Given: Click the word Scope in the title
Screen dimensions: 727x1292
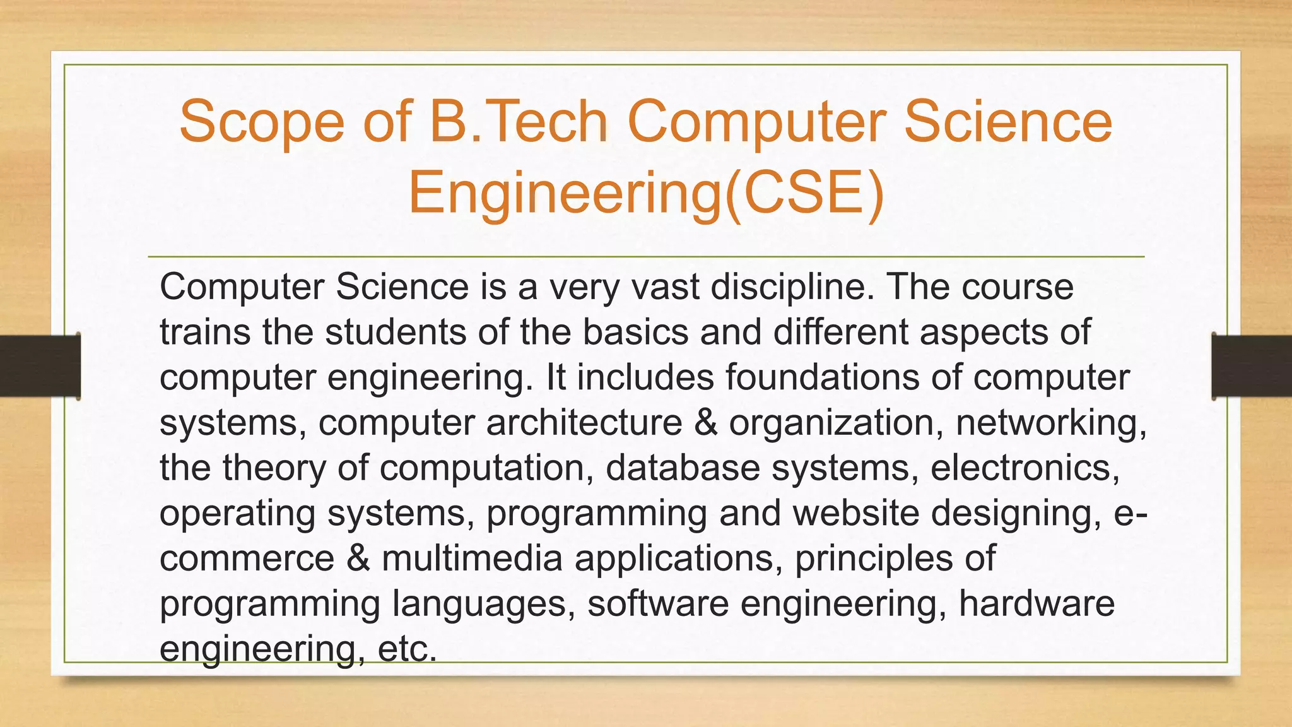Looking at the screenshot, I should [x=261, y=122].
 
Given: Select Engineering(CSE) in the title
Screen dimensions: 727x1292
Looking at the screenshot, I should [x=646, y=193].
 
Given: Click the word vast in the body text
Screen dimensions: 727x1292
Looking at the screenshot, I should [x=665, y=287].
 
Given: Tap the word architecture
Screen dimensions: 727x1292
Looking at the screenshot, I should [x=584, y=422].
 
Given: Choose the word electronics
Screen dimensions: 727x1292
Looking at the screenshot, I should [x=1025, y=468].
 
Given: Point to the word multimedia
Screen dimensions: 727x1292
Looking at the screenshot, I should [x=472, y=559].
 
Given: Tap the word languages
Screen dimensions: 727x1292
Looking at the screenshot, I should [x=483, y=605].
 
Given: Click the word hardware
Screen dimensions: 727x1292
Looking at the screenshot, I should [x=1037, y=603].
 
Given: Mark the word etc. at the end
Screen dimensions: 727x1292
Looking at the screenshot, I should [x=407, y=649].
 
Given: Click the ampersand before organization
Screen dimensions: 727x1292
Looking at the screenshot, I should [x=706, y=422].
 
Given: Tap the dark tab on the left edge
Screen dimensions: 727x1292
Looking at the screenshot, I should [x=40, y=366].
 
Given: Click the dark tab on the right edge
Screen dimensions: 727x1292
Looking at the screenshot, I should [x=1252, y=366].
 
